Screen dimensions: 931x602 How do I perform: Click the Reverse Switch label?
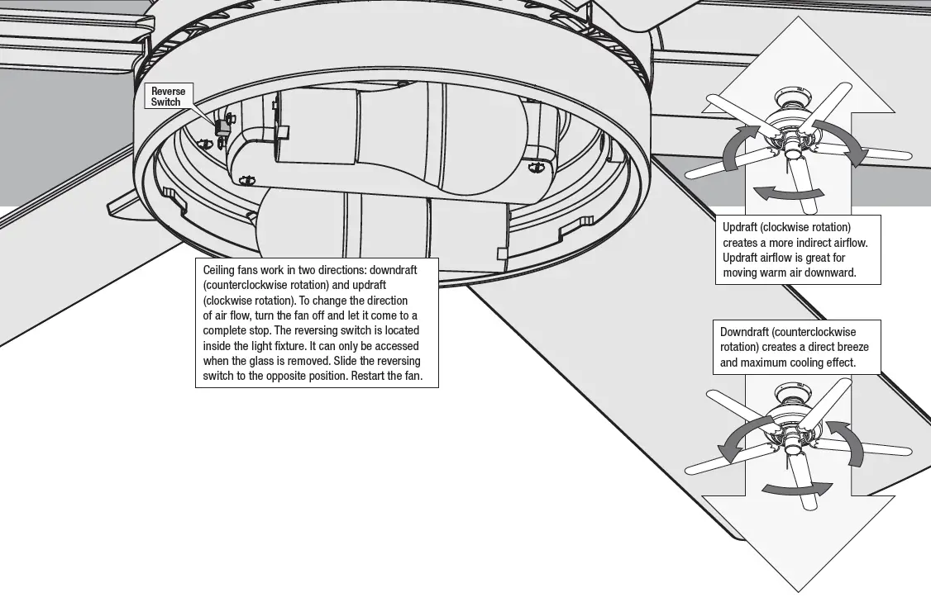(x=168, y=96)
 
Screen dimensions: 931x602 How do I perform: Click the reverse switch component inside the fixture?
(x=221, y=126)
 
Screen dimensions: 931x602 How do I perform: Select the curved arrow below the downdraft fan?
(x=795, y=489)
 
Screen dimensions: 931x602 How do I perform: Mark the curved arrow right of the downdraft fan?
(x=845, y=443)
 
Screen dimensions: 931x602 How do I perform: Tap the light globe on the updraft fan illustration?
(x=793, y=151)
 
